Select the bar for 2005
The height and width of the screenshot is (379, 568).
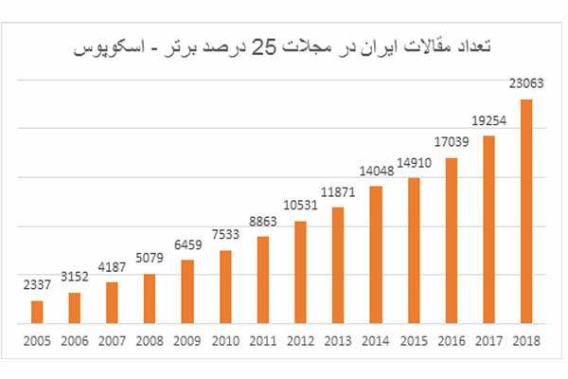pos(37,313)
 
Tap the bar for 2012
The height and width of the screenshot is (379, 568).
pos(300,273)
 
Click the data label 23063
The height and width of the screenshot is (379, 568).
pos(526,83)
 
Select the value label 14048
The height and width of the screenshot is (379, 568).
pos(376,171)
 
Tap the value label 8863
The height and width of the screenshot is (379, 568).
pos(263,221)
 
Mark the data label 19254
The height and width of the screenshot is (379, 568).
pos(489,120)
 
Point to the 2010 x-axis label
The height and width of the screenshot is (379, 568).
pos(225,341)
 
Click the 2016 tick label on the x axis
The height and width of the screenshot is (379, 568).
pos(452,341)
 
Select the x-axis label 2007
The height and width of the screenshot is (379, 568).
pos(112,341)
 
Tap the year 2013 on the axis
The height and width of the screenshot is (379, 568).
pos(338,341)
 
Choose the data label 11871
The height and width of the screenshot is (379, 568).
pos(338,191)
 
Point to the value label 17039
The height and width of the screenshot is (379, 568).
pos(452,142)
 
